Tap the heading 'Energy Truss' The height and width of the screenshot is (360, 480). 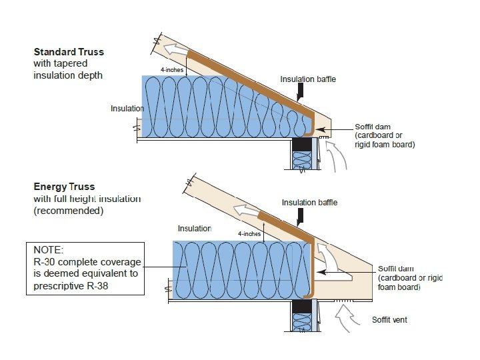point(64,187)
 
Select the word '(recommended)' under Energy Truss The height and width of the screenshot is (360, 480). point(69,211)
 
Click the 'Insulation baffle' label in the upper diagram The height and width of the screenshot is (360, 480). point(308,79)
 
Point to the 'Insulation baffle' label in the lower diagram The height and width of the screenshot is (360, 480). point(309,203)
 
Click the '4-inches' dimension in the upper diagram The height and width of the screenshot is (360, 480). point(172,69)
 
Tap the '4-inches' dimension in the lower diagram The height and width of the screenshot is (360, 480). point(249,234)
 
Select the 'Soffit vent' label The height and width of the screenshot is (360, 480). point(389,320)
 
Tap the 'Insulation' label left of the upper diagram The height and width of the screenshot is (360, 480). point(127,109)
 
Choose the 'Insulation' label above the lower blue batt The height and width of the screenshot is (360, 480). point(194,229)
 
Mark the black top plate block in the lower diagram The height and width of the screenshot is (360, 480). point(303,307)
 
